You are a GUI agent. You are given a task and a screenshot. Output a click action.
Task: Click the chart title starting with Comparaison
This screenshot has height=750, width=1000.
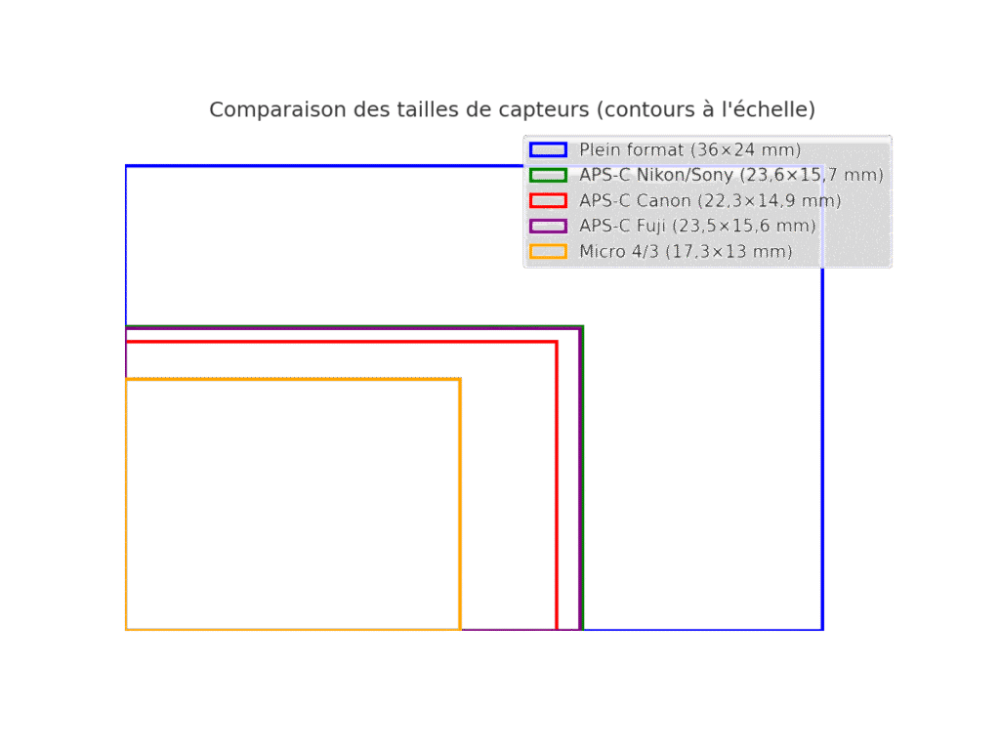[512, 109]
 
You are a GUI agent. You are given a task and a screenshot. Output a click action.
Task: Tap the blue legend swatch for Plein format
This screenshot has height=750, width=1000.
[548, 149]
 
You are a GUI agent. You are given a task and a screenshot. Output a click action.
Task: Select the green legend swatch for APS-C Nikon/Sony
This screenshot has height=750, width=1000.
[548, 175]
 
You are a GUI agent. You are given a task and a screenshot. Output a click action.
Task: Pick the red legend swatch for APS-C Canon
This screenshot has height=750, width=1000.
[548, 201]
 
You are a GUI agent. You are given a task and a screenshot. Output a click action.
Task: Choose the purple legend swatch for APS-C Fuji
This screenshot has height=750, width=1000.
[548, 227]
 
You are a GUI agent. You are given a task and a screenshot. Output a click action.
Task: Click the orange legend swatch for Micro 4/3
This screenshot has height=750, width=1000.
[548, 251]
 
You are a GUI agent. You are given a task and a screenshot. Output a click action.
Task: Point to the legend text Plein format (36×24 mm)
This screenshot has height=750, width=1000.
[690, 149]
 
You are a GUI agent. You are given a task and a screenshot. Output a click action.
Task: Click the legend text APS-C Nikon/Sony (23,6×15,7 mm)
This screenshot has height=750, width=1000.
[731, 175]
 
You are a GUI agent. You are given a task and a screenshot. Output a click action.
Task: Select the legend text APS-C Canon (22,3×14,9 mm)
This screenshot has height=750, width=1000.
[711, 201]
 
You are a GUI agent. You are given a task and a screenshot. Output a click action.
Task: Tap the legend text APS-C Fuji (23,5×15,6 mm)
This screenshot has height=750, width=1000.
[697, 227]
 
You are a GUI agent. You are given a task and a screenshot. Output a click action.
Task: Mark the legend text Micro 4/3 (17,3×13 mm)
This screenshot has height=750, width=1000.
[686, 251]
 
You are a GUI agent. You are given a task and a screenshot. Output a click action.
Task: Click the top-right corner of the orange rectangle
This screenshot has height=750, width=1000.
[460, 380]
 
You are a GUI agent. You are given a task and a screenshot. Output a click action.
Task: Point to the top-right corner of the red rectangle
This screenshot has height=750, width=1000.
[557, 343]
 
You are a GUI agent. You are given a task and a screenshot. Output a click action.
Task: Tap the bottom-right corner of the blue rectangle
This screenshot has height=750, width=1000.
[822, 630]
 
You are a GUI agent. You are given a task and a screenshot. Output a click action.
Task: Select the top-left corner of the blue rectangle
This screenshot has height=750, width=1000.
[126, 166]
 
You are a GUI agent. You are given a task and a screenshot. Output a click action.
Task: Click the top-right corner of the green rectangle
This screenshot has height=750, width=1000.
[583, 326]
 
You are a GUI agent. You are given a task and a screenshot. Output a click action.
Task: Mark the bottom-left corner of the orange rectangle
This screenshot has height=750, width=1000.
[126, 630]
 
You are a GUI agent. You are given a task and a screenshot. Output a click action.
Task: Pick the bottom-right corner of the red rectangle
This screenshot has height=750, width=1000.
[557, 630]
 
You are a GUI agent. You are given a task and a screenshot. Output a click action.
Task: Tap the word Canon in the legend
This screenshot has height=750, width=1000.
[663, 201]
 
